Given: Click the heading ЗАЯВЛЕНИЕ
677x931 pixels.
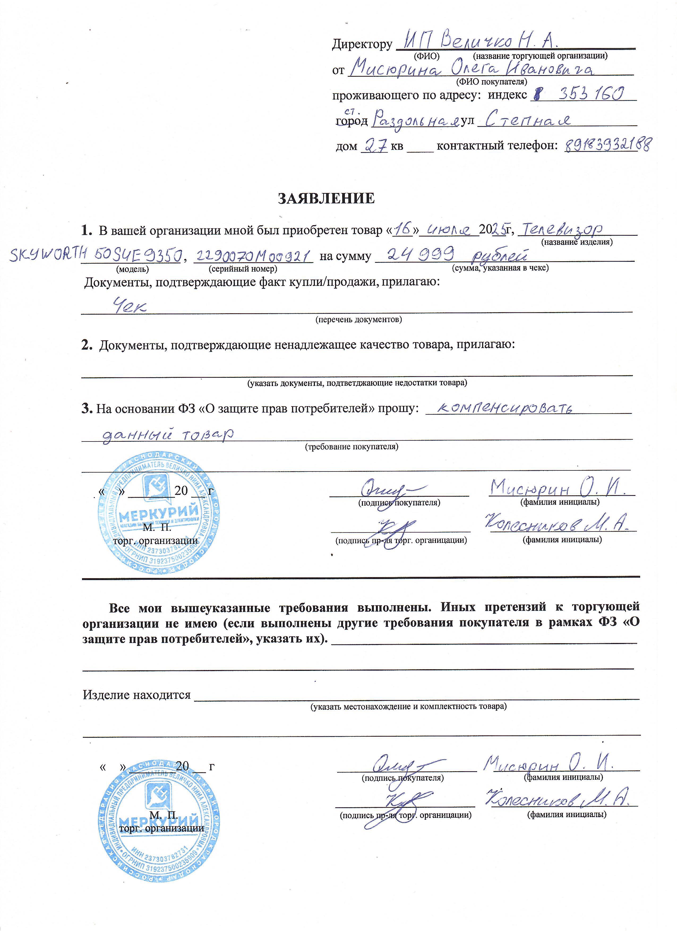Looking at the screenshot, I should [x=326, y=199].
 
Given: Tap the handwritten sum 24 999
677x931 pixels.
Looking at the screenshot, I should [x=421, y=256].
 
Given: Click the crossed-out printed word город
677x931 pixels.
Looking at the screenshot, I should [x=352, y=122].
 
